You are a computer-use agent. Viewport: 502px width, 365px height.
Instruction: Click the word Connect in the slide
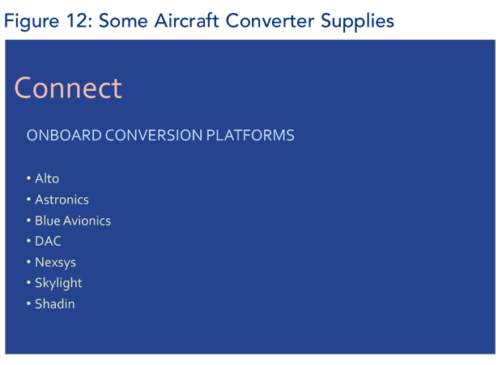[68, 88]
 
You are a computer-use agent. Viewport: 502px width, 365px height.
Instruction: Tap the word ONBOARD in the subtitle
[64, 135]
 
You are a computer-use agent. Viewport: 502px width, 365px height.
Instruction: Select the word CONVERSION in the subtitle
[154, 135]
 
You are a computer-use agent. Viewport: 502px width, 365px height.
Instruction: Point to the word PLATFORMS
[250, 135]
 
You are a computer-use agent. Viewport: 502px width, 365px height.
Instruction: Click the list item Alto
[47, 178]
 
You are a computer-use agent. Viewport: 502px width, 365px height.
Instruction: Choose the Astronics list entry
[62, 200]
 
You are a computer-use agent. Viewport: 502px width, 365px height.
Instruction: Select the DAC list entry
[48, 241]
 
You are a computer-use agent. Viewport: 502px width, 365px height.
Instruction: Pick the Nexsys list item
[55, 262]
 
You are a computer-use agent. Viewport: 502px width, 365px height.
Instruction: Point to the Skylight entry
[58, 283]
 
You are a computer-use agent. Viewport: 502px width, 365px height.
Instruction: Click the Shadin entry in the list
[55, 303]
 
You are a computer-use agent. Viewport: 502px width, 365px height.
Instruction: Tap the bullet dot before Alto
[28, 178]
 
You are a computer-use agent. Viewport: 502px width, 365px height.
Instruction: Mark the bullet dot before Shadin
[28, 303]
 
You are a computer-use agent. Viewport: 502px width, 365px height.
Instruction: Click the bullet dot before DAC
[28, 241]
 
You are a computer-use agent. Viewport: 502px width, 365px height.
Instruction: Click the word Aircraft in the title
[187, 21]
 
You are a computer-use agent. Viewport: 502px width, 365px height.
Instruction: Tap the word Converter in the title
[270, 21]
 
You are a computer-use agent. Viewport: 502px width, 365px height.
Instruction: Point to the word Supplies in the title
[357, 21]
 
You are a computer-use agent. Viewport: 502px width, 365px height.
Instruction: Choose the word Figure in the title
[32, 22]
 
